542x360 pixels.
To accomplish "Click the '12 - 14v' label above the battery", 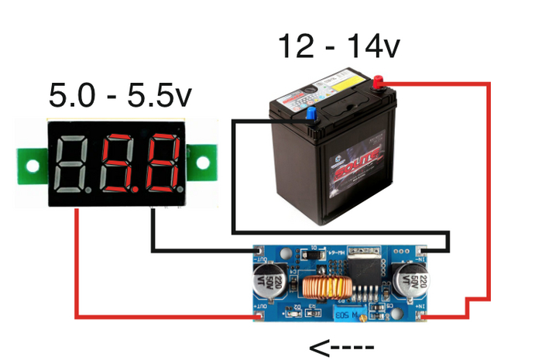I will coord(340,48).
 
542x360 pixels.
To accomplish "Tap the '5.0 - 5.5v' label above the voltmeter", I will coord(120,96).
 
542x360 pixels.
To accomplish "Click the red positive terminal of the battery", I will coord(379,81).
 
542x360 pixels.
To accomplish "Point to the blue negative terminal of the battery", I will coord(311,114).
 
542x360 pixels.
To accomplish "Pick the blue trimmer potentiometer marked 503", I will coord(347,311).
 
